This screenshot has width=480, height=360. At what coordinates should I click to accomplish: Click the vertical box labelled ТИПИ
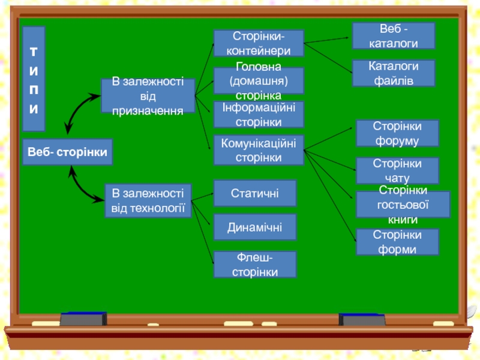[x=34, y=79]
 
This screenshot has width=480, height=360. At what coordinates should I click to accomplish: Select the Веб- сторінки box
[x=67, y=152]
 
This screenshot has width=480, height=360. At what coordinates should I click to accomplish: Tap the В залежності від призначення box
[x=148, y=96]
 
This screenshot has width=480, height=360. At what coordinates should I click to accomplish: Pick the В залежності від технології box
[x=148, y=201]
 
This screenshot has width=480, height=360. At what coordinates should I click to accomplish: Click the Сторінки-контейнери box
[x=259, y=43]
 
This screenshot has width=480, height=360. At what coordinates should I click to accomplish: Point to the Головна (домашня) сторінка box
[x=259, y=81]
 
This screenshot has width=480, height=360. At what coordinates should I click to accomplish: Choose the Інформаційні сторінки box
[x=259, y=115]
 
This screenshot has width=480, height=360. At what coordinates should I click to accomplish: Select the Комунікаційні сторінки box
[x=259, y=150]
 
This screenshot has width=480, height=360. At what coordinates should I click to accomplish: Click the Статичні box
[x=254, y=193]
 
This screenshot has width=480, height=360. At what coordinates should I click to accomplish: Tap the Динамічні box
[x=254, y=227]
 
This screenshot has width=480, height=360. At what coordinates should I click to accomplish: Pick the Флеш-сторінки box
[x=254, y=265]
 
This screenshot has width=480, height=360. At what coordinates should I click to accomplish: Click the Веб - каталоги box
[x=394, y=36]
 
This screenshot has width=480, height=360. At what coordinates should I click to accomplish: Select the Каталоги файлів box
[x=394, y=73]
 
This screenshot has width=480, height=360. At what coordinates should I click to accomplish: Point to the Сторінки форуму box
[x=397, y=133]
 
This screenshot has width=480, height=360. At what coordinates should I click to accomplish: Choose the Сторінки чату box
[x=397, y=171]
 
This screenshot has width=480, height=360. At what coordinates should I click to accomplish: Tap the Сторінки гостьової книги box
[x=403, y=205]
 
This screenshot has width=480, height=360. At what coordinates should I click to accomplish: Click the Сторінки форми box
[x=397, y=242]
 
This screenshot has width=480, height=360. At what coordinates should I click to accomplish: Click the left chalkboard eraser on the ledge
[x=83, y=319]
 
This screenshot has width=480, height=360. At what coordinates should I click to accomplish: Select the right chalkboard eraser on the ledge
[x=362, y=320]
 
